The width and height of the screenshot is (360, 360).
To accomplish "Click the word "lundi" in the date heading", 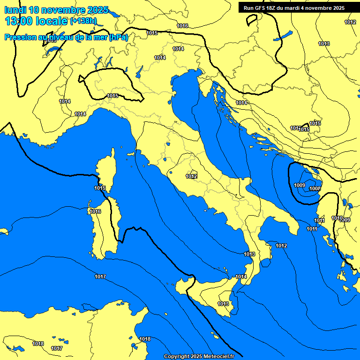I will click(x=15, y=10).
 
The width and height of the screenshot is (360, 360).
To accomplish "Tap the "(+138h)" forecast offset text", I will click(x=83, y=21).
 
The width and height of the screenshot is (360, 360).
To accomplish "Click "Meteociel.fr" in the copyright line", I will click(x=218, y=357).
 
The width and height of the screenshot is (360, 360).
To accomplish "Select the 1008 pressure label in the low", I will click(x=315, y=188).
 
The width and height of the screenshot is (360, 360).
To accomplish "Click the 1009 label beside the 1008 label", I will click(x=300, y=186).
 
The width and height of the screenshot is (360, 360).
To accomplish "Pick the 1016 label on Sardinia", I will click(x=95, y=212).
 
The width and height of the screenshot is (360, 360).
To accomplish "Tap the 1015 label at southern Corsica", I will click(x=100, y=188).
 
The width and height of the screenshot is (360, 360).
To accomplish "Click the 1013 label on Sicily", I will click(x=223, y=304).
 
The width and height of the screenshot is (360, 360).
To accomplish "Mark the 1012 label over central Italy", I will click(x=191, y=177).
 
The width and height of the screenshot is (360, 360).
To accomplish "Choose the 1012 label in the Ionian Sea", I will click(x=281, y=246).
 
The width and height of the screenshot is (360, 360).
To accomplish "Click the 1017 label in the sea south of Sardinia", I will click(x=100, y=277).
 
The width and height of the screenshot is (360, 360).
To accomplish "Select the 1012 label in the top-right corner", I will click(x=350, y=22).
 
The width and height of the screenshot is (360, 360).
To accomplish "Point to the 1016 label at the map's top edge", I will click(x=183, y=26).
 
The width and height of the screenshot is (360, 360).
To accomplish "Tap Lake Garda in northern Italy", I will click(x=139, y=72).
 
